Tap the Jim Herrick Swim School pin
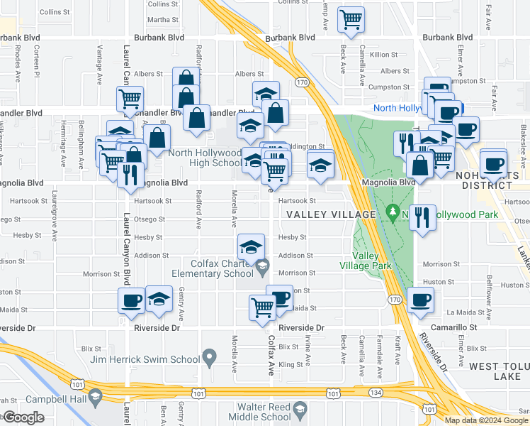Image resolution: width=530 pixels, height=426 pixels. (x=209, y=356)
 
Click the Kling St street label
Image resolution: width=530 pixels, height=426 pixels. (x=291, y=365)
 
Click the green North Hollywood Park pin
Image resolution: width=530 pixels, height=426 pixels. (x=393, y=212)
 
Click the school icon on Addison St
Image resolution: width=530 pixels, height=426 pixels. (x=251, y=247)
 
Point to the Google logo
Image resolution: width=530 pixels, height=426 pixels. (x=23, y=417)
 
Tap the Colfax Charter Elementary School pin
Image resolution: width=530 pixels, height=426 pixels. (x=263, y=267)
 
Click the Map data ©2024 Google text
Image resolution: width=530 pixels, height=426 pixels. (x=485, y=420)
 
